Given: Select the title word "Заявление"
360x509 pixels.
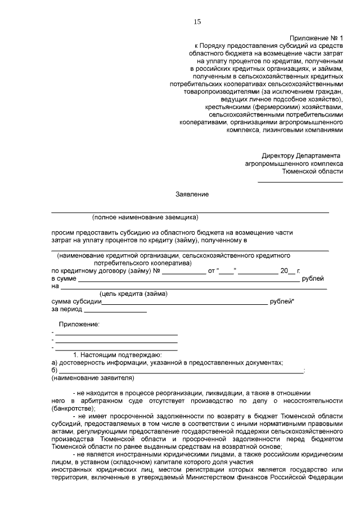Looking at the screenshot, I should [192, 194].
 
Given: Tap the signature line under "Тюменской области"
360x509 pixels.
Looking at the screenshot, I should [300, 182].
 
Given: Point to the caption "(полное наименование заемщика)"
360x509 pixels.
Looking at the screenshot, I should [146, 217].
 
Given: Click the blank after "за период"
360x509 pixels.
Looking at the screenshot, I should [115, 310].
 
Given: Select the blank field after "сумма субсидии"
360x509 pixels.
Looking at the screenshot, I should [185, 302].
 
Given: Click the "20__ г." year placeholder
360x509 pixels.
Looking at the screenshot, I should [290, 271].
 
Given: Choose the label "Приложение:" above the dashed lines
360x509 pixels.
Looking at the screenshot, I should [79, 325].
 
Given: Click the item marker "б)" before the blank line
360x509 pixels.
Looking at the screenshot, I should [55, 370].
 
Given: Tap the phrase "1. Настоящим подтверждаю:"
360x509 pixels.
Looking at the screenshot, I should [118, 355].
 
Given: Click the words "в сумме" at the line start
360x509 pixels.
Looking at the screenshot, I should [63, 278].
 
